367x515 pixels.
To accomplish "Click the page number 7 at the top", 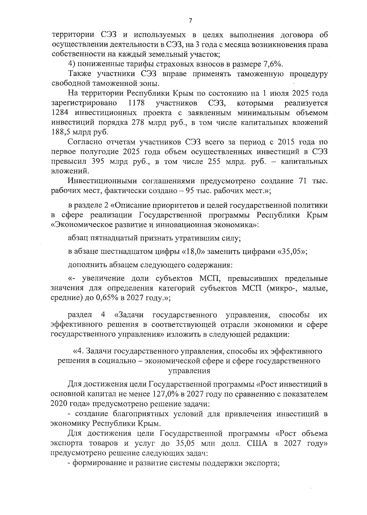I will click(190, 21).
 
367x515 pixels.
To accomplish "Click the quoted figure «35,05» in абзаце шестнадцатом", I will click(291, 251).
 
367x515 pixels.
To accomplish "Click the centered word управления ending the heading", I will click(189, 371).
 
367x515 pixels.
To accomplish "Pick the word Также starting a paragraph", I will click(79, 74).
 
